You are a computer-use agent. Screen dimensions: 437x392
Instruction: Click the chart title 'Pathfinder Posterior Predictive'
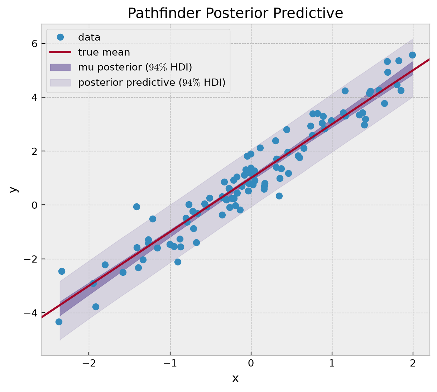(x=235, y=13)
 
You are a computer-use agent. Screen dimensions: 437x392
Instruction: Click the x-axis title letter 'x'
(x=235, y=378)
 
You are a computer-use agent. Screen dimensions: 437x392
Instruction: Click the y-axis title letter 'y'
(x=14, y=189)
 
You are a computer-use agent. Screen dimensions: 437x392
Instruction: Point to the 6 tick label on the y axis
(x=34, y=44)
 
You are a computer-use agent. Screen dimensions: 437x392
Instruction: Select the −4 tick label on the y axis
(x=31, y=313)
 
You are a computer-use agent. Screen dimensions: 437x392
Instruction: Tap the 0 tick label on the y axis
(x=34, y=205)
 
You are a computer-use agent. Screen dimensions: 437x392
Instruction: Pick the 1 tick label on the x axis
(x=332, y=364)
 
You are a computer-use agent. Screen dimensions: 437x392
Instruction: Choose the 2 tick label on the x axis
(x=413, y=364)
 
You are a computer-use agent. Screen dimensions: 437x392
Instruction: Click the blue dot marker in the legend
(x=61, y=37)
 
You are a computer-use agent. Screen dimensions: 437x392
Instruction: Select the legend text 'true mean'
(x=104, y=52)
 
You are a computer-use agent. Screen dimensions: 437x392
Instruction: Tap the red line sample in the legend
(x=61, y=52)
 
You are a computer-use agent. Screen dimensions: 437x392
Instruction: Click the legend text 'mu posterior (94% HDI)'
(x=135, y=67)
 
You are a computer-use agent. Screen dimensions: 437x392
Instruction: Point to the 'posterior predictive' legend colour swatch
(x=61, y=83)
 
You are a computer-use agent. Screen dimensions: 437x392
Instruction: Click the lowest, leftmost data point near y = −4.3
(x=59, y=322)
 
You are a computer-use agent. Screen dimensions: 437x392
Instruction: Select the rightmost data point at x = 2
(x=412, y=55)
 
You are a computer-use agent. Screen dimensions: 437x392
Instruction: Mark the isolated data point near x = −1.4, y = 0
(x=136, y=207)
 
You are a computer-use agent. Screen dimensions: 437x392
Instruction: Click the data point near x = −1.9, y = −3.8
(x=96, y=307)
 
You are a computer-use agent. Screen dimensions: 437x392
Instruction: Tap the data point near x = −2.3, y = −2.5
(x=62, y=271)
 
